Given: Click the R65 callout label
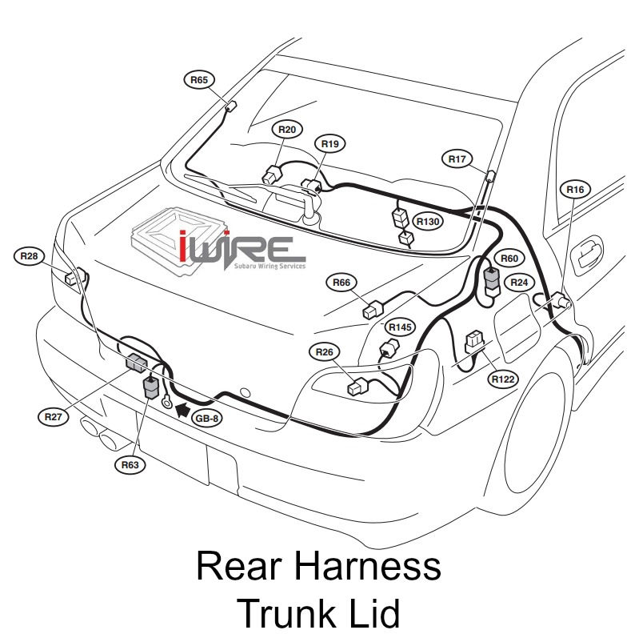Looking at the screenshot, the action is (x=200, y=79).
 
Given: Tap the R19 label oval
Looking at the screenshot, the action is (x=330, y=143).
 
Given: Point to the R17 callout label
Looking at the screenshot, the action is (x=457, y=159).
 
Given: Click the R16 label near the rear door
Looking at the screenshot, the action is (x=576, y=190).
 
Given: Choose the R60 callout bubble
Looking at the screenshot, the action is (x=509, y=258).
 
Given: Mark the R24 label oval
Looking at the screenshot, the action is (x=520, y=282).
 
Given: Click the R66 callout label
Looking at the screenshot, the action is (x=342, y=282).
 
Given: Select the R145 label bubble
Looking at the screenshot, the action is (x=400, y=327).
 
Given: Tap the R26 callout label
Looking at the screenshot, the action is (x=324, y=351).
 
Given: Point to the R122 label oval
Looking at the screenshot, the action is (x=504, y=379).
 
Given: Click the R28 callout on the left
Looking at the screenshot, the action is (x=30, y=256).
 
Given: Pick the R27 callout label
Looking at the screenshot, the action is (x=53, y=416).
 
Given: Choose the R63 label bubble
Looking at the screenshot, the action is (x=130, y=464).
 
